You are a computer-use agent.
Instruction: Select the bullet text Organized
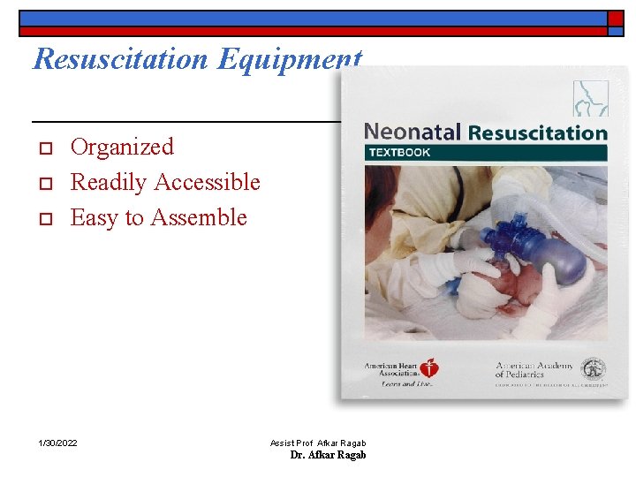point(122,147)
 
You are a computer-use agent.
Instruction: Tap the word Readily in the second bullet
point(109,183)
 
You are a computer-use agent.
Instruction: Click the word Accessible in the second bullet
point(208,182)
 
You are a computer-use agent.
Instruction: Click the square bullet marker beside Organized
point(41,148)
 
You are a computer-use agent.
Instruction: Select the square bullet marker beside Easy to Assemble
point(41,218)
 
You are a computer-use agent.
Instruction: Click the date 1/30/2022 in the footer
point(57,443)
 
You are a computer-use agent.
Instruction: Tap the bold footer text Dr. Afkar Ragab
point(328,455)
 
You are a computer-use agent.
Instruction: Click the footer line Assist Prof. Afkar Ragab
point(318,443)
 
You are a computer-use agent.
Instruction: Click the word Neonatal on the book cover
point(413,132)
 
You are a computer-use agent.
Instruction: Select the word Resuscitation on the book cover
point(537,133)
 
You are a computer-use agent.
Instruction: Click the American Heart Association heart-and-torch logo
point(429,368)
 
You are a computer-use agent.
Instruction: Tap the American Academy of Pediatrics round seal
point(593,368)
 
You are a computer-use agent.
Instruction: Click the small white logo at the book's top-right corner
point(590,97)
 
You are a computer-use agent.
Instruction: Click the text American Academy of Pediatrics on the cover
point(535,369)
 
